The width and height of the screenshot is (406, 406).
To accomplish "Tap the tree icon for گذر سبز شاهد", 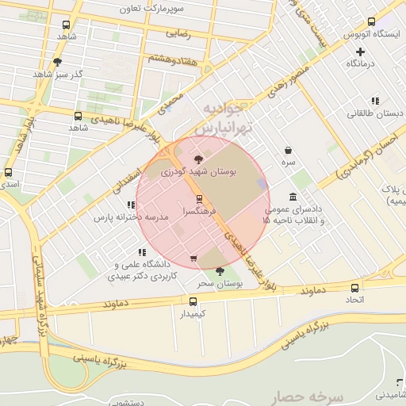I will (x=57, y=61).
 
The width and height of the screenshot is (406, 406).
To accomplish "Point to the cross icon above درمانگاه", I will (x=360, y=51).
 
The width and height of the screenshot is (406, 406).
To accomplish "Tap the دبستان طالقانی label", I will (x=375, y=113).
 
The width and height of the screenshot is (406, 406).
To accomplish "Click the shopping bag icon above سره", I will (x=287, y=150).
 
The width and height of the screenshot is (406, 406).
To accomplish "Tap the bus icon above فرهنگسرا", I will (x=199, y=199).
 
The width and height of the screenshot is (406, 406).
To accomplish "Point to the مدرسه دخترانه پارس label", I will (x=122, y=216).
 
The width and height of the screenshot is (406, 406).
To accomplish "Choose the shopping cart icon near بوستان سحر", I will (x=193, y=259).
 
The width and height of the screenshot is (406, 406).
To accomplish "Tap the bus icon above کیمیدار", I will (x=193, y=301).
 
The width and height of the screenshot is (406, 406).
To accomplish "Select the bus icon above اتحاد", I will (x=354, y=288).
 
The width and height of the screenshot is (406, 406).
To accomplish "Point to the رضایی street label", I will (x=178, y=34).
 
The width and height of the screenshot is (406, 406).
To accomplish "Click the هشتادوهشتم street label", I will (x=170, y=58).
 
